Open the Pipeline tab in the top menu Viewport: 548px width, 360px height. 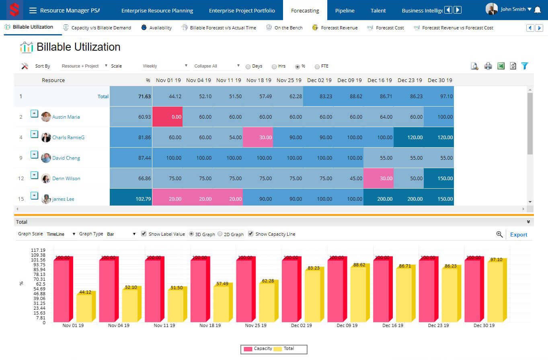345,11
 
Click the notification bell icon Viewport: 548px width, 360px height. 538,10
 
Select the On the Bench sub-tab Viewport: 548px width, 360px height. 288,28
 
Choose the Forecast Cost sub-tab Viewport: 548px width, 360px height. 390,28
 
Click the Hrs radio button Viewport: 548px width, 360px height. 274,66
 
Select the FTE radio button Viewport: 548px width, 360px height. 317,66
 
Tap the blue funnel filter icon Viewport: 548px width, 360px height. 525,66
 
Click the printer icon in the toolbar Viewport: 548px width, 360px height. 488,66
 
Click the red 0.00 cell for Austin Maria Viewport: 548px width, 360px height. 167,117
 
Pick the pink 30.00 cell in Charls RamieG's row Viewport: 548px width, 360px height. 258,137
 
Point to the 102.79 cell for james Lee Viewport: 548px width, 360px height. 131,199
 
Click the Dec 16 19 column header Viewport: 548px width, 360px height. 380,80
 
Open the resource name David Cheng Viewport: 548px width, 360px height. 66,158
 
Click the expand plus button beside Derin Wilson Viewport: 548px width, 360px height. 34,175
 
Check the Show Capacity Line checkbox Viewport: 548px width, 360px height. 251,234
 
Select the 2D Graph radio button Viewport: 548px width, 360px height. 220,234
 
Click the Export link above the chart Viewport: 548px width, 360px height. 518,235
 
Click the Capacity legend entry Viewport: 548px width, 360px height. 258,349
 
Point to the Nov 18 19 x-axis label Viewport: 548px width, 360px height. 210,325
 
